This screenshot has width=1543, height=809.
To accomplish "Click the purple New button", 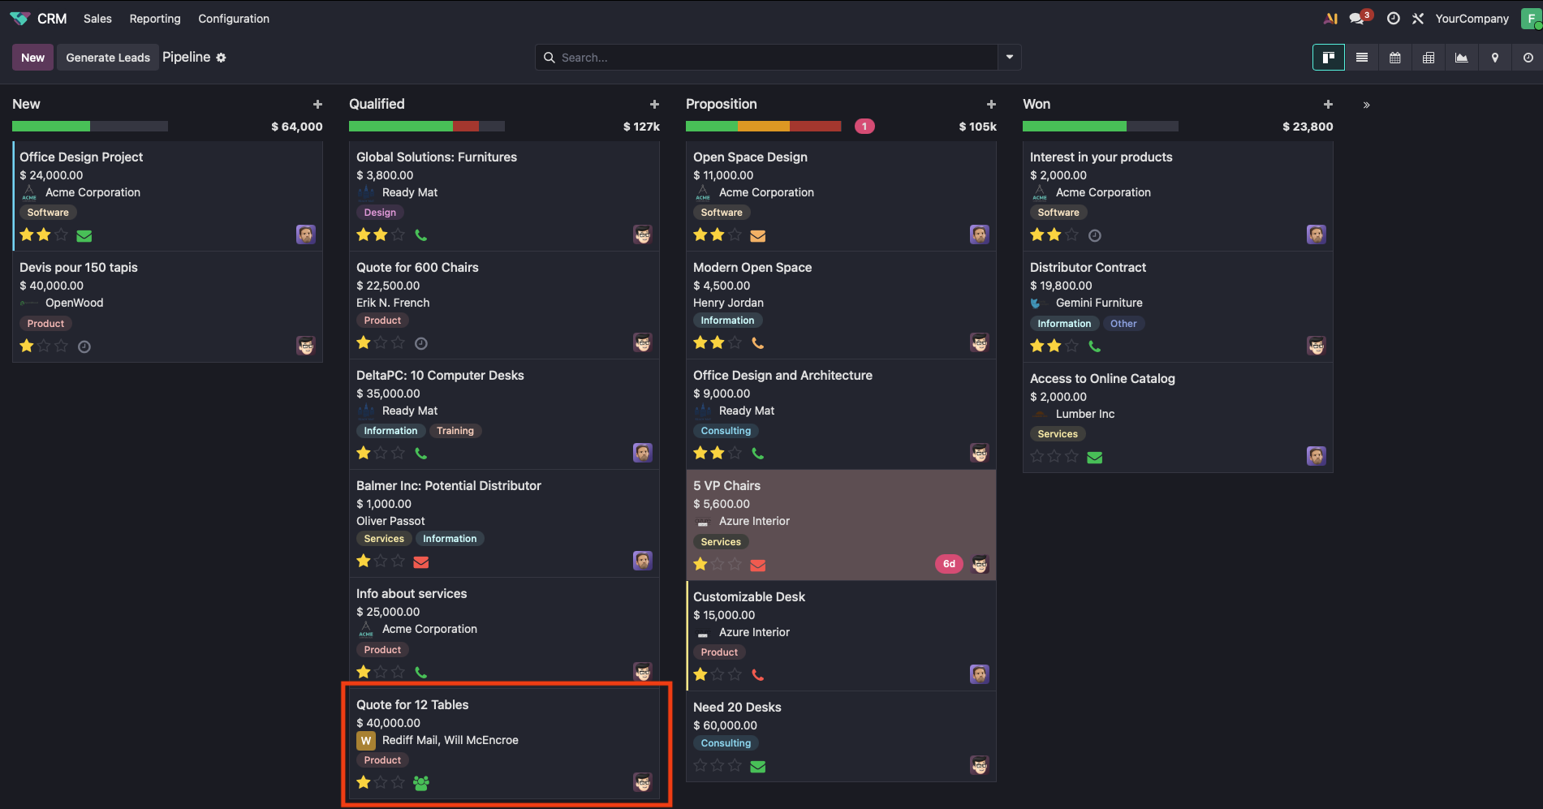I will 32,58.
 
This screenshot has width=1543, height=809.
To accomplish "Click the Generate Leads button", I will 108,58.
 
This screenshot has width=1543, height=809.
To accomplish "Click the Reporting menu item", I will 155,19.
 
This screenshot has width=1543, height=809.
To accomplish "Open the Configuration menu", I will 234,19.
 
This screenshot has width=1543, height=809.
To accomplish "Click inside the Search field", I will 771,58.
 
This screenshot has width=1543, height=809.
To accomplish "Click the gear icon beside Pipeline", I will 222,58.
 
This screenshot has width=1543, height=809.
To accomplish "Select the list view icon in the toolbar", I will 1362,58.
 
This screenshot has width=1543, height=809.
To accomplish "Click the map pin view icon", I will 1495,58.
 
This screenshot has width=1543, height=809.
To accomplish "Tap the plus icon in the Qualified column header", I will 654,105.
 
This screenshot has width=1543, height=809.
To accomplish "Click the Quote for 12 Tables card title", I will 412,704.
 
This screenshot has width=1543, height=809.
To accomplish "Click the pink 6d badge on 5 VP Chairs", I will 949,564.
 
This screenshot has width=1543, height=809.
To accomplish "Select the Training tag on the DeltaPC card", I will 455,431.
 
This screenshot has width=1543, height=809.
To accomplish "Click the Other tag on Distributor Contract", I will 1123,324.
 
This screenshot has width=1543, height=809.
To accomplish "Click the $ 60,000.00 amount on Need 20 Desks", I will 725,725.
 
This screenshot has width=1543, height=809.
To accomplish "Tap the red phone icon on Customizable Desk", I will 758,674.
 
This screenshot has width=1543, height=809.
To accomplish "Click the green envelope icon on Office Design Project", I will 84,236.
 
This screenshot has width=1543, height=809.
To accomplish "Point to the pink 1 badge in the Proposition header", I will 864,127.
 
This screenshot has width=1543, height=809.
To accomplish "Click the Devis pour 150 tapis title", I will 79,267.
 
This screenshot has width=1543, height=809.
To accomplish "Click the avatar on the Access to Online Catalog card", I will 1316,456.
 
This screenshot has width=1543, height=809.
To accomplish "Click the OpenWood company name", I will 75,303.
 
